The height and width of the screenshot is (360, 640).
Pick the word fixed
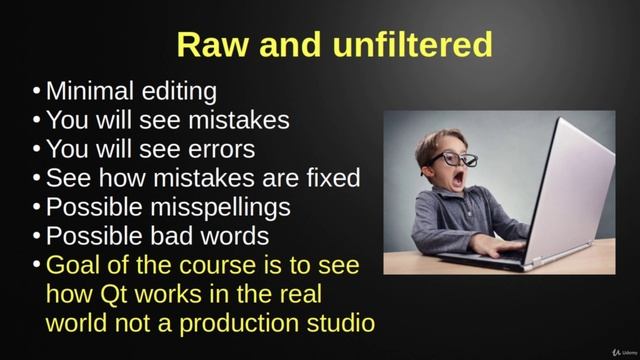pos(329,179)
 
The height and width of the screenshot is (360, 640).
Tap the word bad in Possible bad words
pos(176,237)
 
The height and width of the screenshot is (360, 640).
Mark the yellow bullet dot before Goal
pos(37,267)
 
